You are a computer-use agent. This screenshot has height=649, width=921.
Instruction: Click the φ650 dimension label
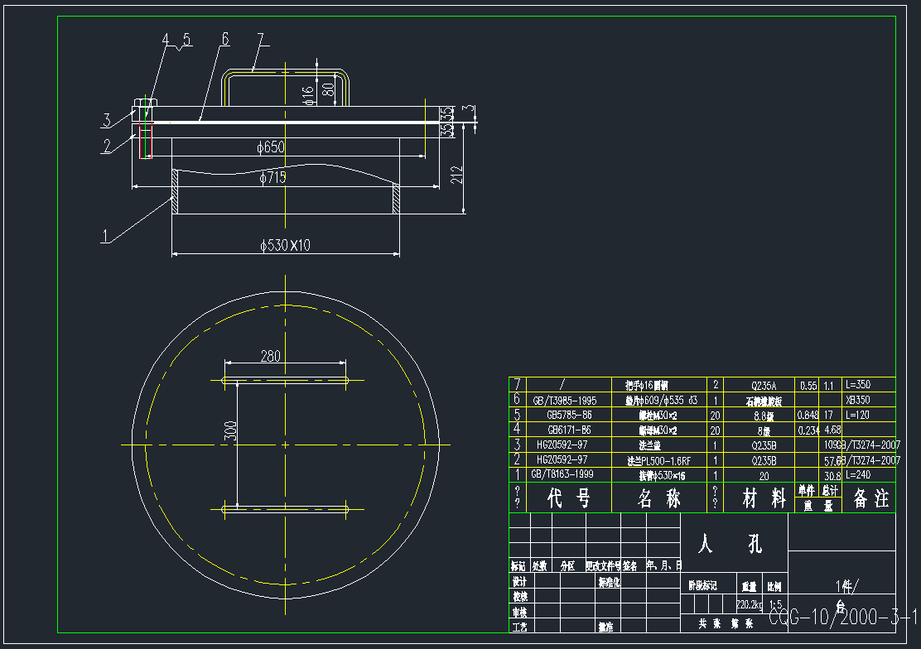271,147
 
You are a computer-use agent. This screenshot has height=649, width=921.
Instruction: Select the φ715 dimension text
272,178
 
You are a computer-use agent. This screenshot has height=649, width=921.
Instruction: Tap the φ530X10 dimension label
283,245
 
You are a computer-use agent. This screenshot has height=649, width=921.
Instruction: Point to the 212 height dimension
456,175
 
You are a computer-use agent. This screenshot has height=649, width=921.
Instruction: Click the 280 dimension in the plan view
271,357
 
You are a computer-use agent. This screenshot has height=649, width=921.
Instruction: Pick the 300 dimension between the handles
232,430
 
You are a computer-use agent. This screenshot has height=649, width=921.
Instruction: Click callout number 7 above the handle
260,38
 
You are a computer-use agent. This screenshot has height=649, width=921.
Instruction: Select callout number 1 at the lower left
105,235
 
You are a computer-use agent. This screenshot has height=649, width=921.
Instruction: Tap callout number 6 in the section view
224,39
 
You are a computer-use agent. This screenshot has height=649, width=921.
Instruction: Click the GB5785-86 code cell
569,415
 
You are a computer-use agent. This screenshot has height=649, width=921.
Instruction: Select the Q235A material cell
759,385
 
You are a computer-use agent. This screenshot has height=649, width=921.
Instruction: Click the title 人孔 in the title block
731,543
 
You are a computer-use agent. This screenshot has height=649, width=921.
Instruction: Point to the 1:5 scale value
776,604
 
